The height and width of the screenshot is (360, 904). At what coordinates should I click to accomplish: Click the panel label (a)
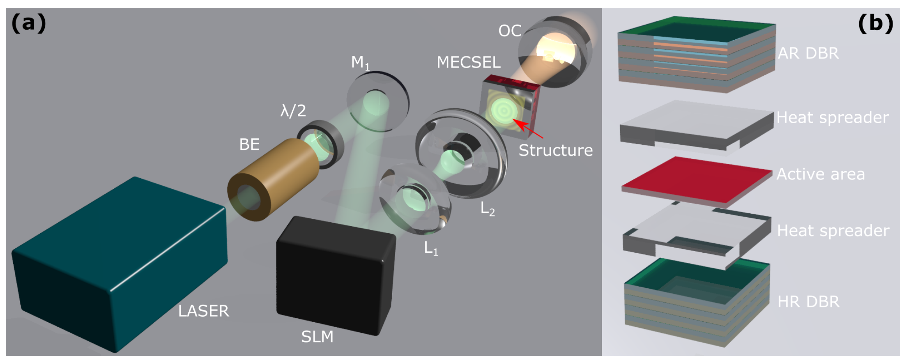28,23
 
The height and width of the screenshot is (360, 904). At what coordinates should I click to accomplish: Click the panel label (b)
876,23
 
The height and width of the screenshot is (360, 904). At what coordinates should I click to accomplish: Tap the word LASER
203,311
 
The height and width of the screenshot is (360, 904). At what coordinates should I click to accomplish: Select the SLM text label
317,337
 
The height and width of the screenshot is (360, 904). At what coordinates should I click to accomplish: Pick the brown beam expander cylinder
273,179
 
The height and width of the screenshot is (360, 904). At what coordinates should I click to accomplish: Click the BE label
249,145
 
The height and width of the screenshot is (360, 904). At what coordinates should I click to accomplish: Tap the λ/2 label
293,111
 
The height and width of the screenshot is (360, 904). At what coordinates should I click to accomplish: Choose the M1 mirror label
360,63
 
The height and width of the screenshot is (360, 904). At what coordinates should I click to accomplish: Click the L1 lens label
431,248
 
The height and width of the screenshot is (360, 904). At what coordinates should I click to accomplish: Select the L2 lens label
487,209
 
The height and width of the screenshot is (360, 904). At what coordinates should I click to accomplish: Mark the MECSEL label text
468,62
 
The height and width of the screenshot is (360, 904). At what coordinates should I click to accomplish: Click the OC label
509,31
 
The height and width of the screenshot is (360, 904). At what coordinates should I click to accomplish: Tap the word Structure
555,151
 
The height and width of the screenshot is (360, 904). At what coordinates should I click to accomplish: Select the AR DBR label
808,53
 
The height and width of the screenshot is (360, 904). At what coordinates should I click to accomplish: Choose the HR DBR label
808,302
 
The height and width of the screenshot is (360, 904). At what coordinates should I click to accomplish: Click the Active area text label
821,174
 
